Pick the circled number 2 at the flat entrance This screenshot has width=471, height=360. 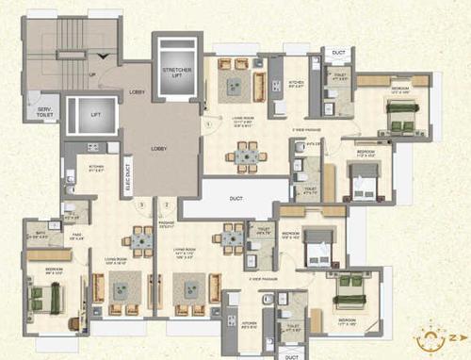pyautogui.click(x=165, y=203)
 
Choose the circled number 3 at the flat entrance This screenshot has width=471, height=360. pyautogui.click(x=142, y=203)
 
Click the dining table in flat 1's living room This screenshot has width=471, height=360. pyautogui.click(x=247, y=155)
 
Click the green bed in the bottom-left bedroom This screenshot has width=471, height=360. pyautogui.click(x=44, y=297)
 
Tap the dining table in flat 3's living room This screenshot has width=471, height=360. pyautogui.click(x=139, y=241)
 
